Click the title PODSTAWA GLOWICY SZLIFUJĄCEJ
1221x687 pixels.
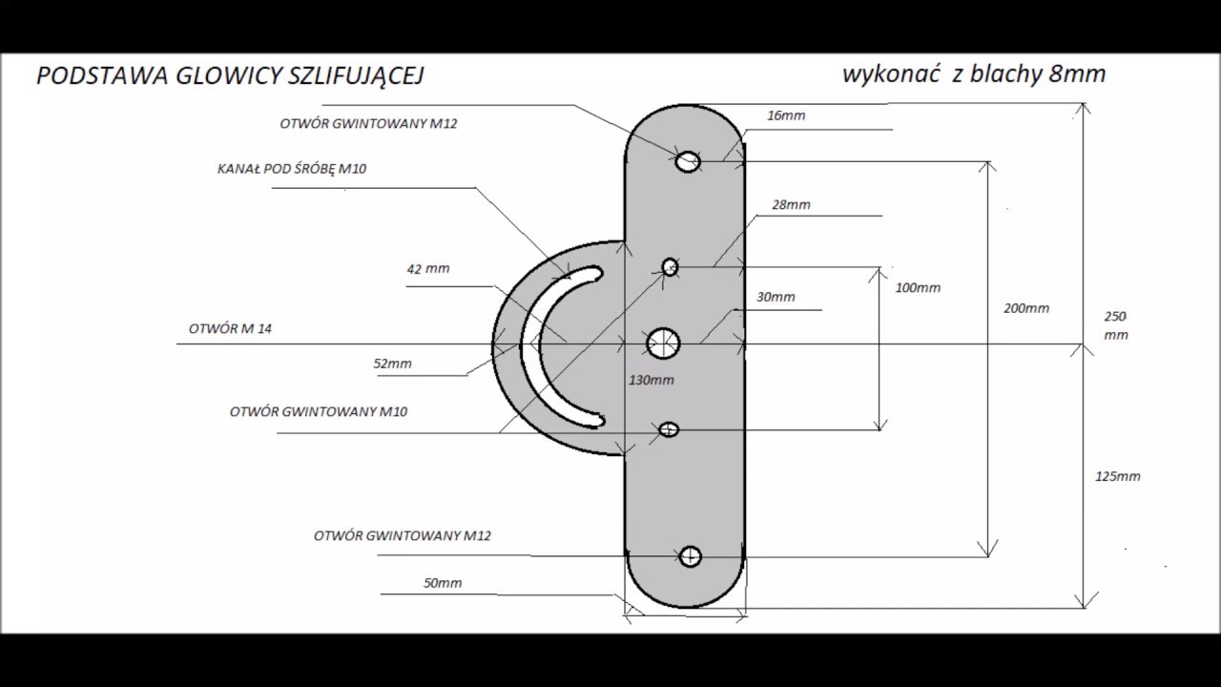230,76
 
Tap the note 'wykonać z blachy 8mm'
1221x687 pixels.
974,74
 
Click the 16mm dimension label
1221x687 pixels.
786,115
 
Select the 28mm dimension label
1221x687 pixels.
791,205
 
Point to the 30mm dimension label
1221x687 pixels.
776,297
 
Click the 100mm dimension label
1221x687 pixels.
918,288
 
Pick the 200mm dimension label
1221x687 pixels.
1026,308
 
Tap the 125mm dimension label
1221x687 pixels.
1118,476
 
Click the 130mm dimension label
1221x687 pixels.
652,380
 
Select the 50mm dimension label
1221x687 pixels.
443,583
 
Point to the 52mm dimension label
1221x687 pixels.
392,364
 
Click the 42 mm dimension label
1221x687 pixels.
428,269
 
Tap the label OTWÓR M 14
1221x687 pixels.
230,329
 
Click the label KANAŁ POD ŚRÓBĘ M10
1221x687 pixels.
292,169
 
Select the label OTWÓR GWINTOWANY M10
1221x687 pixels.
319,411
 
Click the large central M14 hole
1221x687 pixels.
663,343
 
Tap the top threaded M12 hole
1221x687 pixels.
688,161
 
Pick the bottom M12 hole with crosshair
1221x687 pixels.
691,556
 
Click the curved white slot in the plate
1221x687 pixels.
528,349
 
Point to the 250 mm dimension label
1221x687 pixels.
1116,325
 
